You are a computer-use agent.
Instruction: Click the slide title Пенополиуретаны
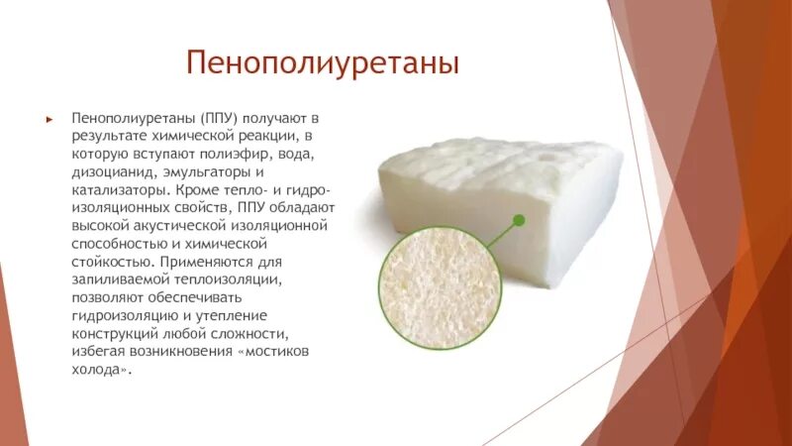point(322,65)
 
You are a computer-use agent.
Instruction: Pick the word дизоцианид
point(113,171)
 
